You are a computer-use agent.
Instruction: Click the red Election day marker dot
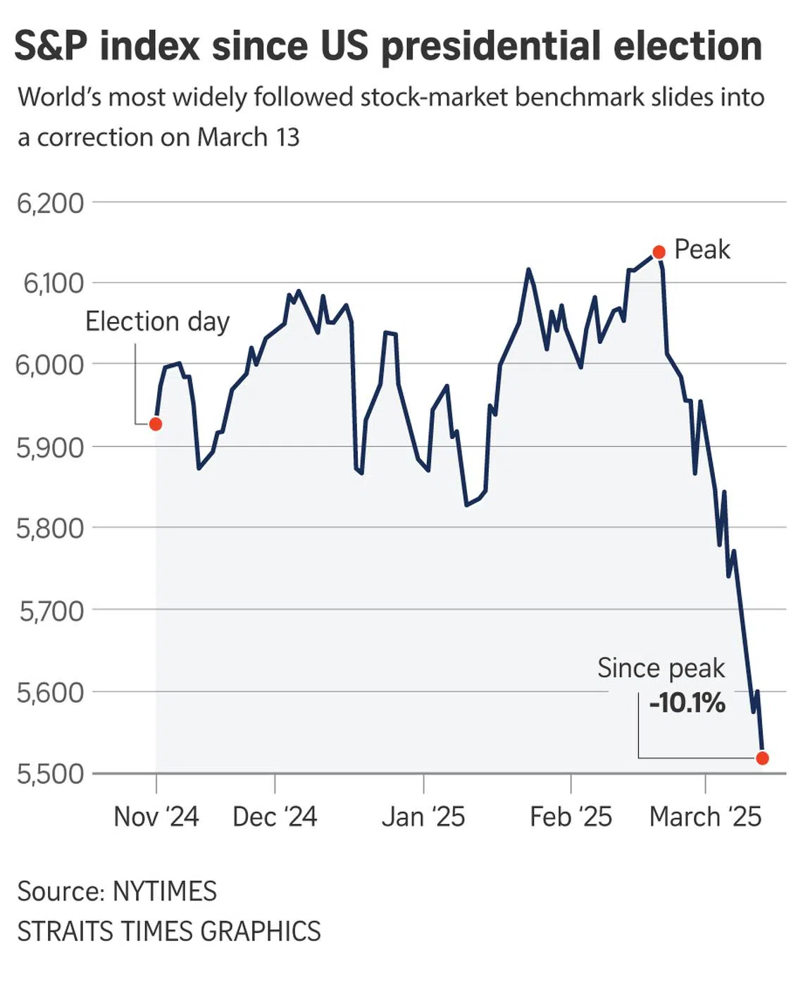156,424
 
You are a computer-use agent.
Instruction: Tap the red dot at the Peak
659,252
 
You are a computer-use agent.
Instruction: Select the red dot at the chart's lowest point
762,758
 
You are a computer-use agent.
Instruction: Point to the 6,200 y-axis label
50,203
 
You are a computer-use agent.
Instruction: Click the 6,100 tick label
53,283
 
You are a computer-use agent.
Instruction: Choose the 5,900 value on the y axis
50,447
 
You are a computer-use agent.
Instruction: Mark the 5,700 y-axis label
51,610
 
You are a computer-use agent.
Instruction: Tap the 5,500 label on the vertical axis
50,774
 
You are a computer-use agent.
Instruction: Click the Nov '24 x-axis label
156,817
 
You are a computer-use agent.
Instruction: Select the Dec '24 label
275,817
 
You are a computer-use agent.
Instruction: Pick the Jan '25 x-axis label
423,817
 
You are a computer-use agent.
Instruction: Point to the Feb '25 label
571,817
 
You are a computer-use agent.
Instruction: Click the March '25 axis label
705,817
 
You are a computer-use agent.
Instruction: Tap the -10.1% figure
687,703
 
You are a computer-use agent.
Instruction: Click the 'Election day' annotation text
157,321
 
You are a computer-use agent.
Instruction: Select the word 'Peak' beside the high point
702,249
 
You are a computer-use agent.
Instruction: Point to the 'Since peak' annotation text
661,668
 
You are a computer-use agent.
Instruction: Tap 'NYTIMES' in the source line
165,891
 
